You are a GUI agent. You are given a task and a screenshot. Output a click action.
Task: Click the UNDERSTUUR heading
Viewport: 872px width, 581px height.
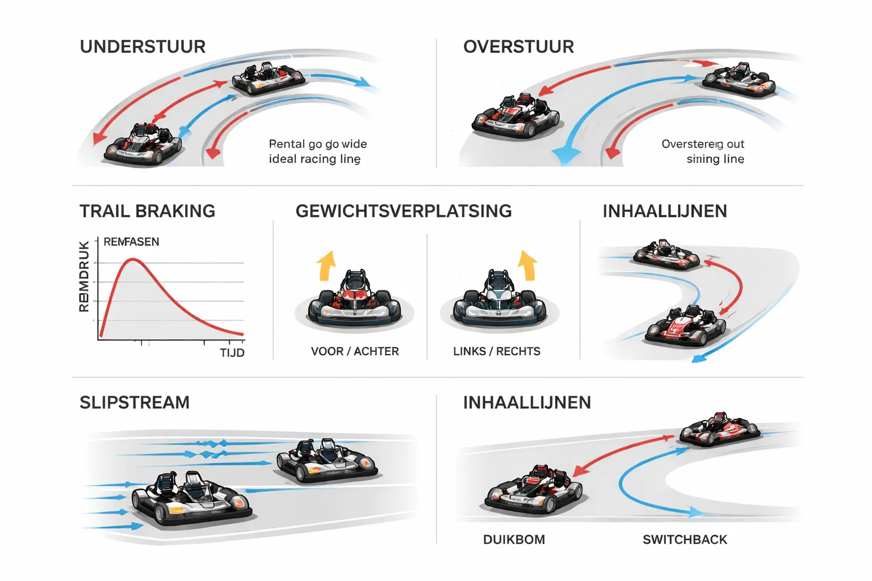pos(142,47)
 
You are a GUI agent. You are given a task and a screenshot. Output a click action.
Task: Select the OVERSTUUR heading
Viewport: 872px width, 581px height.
pos(518,47)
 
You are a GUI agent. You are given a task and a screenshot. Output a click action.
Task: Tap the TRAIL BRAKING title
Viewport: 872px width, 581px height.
pos(147,211)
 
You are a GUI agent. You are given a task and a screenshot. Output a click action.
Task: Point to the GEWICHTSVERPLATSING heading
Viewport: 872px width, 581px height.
pos(404,211)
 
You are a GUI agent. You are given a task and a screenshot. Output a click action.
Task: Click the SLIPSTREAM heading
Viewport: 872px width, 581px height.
pos(135,402)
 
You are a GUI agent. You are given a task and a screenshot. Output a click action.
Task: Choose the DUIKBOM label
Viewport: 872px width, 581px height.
pos(514,540)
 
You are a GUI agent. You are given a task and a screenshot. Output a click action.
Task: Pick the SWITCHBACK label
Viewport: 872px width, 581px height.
pos(685,540)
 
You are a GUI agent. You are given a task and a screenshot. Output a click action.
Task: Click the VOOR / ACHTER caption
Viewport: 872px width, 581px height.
pos(355,351)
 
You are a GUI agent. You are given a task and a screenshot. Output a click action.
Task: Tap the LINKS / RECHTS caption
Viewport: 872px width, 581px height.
pos(497,351)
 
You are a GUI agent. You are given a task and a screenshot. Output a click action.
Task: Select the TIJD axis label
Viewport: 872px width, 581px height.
pos(232,353)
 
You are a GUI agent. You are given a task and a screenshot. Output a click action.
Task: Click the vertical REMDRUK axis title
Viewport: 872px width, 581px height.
pos(84,276)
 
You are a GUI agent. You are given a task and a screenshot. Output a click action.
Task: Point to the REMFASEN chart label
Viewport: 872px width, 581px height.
pos(131,242)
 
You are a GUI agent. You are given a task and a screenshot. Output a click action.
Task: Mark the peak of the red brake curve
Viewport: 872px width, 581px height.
pos(133,259)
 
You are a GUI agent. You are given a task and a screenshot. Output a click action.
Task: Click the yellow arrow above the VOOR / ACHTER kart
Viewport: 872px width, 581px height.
pos(326,266)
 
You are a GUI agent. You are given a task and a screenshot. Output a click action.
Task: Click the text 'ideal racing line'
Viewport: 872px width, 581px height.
pos(315,159)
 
